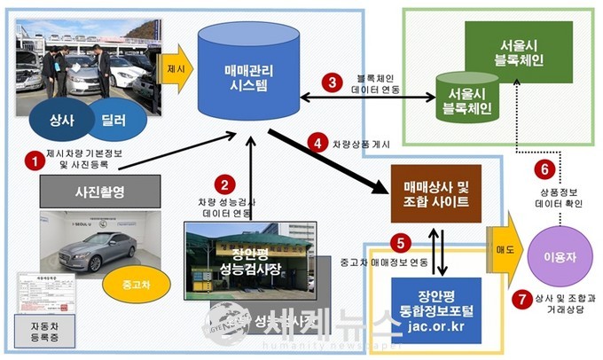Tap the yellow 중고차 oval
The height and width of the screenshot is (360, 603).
(129, 286)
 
